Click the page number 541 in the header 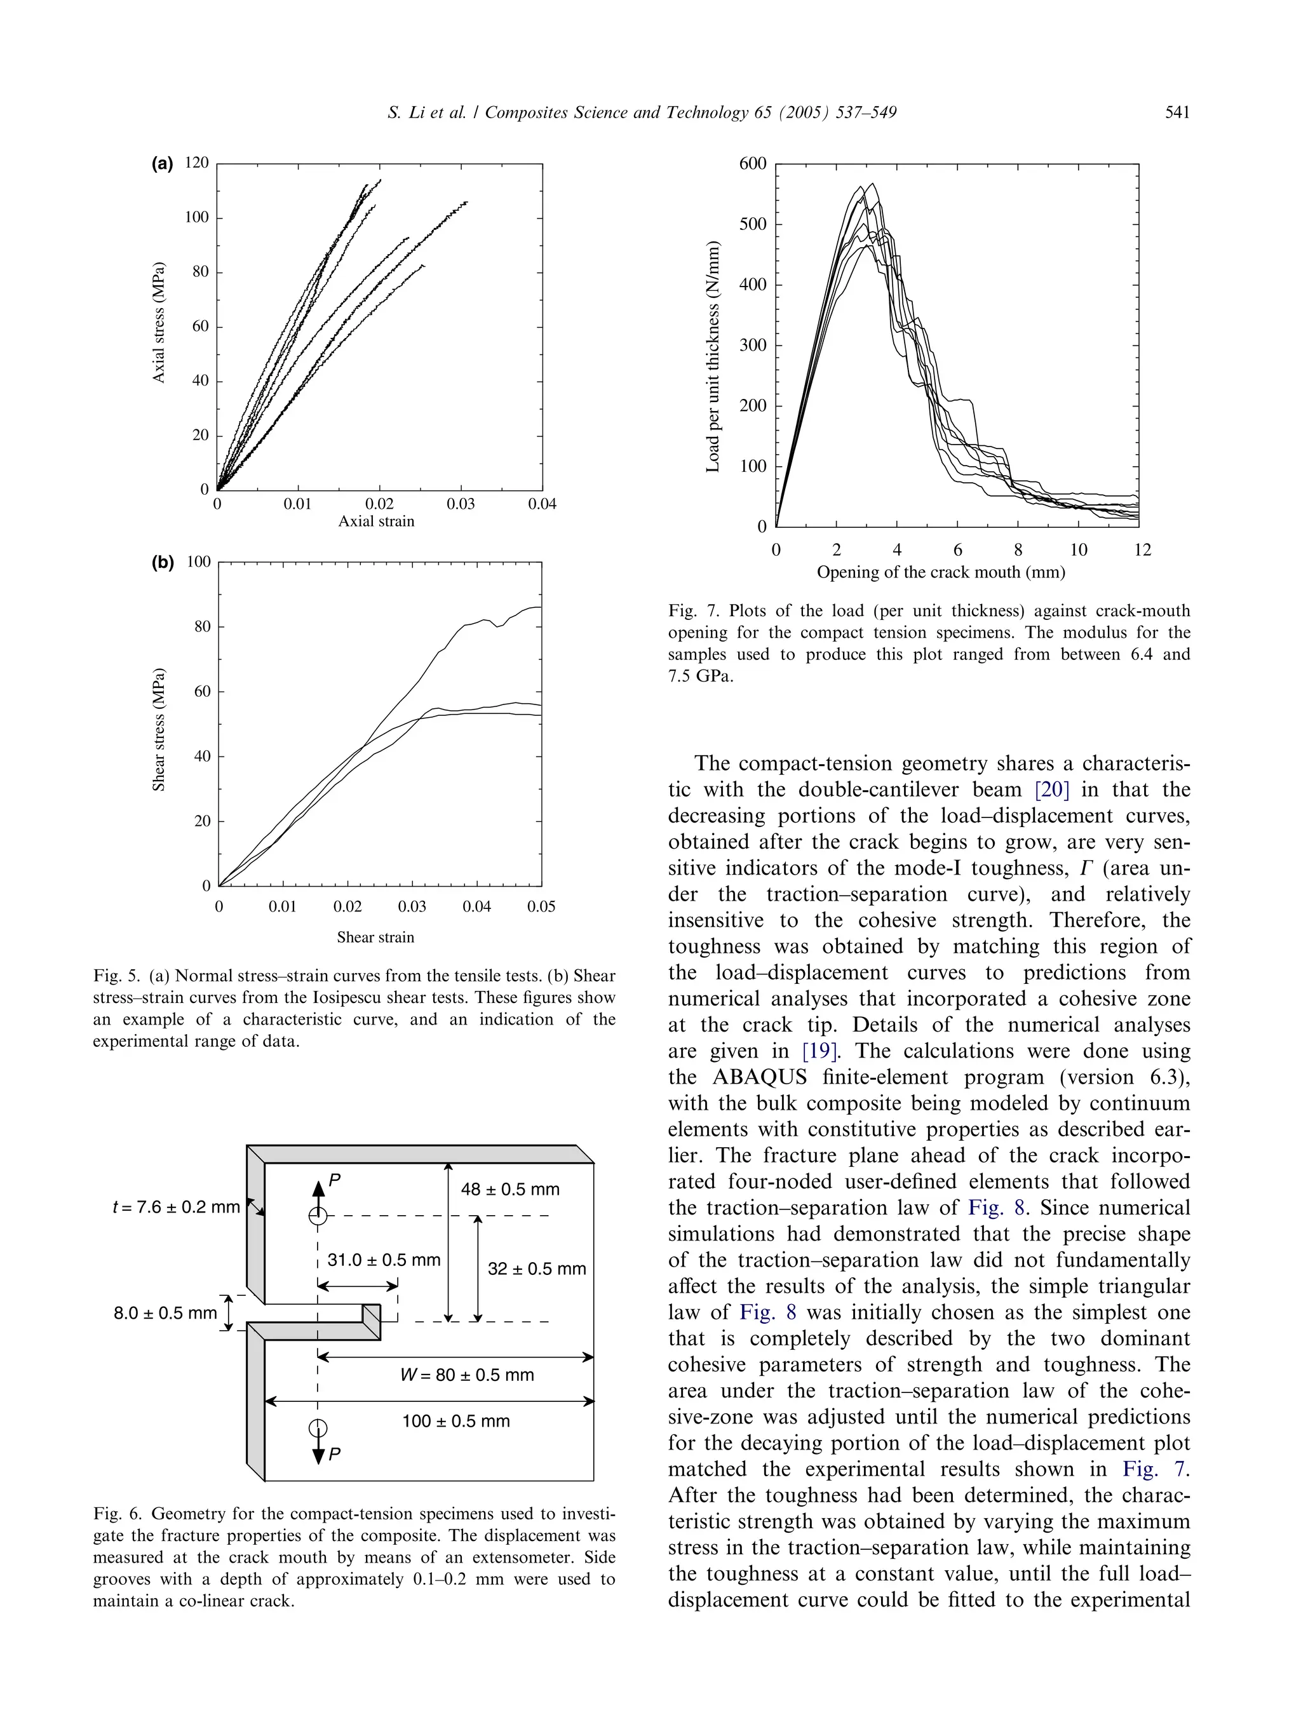[1177, 112]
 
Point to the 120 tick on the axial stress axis [197, 163]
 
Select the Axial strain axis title [376, 521]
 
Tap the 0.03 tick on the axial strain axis [461, 504]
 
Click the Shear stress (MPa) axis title [159, 729]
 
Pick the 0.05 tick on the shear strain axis [541, 906]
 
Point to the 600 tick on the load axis [753, 164]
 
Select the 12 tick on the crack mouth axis [1142, 549]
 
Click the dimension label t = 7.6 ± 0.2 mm [177, 1206]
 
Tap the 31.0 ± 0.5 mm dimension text [384, 1260]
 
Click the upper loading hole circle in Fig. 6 [317, 1216]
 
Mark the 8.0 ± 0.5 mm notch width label [165, 1312]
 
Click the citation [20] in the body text [1052, 790]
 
